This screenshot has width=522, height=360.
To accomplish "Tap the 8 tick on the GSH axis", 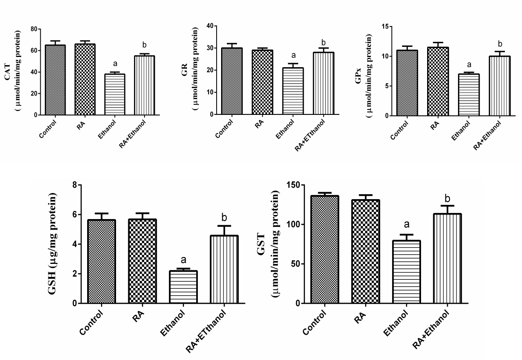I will click(x=74, y=185).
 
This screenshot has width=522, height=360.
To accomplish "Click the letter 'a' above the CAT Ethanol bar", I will click(x=115, y=64).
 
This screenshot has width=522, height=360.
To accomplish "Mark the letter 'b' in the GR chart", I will click(x=324, y=42).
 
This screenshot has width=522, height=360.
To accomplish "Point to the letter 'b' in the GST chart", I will click(x=447, y=199).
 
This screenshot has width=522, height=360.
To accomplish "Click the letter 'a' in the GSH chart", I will click(x=183, y=260).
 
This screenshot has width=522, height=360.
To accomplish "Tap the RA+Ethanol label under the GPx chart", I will click(x=489, y=135).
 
